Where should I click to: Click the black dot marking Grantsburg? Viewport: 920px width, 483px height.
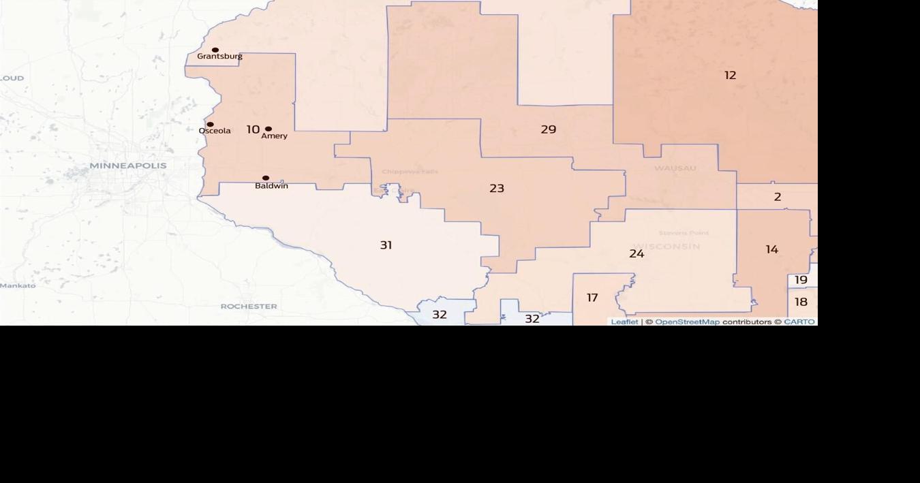215,50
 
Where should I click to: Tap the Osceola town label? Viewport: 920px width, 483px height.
215,131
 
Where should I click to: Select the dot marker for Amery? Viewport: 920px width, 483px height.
269,129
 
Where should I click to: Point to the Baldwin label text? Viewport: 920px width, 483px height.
271,186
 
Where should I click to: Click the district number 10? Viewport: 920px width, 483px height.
253,129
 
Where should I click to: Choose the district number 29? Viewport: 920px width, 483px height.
548,129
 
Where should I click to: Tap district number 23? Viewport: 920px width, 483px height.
497,189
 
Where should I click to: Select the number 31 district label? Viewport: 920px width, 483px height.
386,245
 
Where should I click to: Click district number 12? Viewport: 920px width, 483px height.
730,76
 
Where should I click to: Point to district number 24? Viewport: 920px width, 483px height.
637,254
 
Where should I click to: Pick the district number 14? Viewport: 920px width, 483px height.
771,250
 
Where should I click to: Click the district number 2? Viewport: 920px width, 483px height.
777,198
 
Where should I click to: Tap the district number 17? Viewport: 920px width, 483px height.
592,298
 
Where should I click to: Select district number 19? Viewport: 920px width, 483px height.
801,280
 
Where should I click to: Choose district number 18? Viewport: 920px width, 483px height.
801,302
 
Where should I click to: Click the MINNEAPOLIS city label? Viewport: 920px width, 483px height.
128,166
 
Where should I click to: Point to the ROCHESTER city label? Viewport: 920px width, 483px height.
249,307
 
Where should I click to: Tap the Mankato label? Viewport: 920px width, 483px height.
18,285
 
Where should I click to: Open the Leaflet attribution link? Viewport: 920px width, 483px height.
624,322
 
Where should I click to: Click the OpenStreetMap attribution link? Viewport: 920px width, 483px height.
687,322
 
